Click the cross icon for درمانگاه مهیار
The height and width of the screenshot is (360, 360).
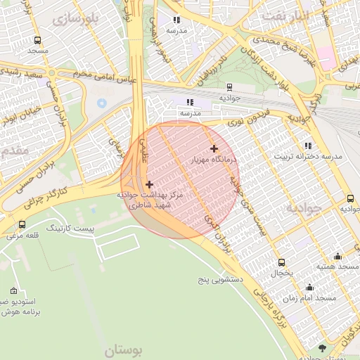[x=214, y=148]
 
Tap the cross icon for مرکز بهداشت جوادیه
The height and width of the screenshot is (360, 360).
[x=149, y=184]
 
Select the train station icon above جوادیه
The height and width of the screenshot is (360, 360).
[x=230, y=87]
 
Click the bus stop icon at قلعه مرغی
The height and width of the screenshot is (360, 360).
[x=22, y=225]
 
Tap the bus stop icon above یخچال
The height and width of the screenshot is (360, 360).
[x=282, y=262]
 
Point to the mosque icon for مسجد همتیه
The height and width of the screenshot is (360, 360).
[x=337, y=256]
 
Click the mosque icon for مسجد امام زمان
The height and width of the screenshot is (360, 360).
[x=309, y=288]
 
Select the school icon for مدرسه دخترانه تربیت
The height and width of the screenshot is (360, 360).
[x=309, y=146]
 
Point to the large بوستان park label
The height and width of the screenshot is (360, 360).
[x=124, y=349]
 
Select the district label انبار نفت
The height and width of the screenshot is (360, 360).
[x=282, y=14]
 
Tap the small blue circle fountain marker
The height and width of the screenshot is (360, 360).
[x=103, y=103]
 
